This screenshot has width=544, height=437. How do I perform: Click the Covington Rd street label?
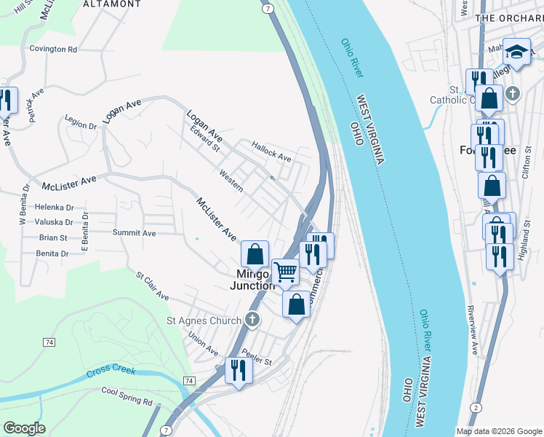point(53,50)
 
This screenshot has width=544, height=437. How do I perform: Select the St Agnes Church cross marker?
point(252,319)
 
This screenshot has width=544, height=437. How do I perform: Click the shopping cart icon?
point(286,272)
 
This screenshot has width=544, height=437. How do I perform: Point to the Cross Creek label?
point(111,371)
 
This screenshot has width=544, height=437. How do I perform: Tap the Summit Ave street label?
point(134,233)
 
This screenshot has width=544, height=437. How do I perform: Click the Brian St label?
point(53,237)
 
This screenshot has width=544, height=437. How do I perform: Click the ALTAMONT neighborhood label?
point(111,4)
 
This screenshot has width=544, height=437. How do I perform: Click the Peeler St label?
point(257,361)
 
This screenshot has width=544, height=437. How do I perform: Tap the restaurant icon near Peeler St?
point(238,370)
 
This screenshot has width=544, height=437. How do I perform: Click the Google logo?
point(24,428)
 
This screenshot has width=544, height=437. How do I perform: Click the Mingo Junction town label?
point(252,280)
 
